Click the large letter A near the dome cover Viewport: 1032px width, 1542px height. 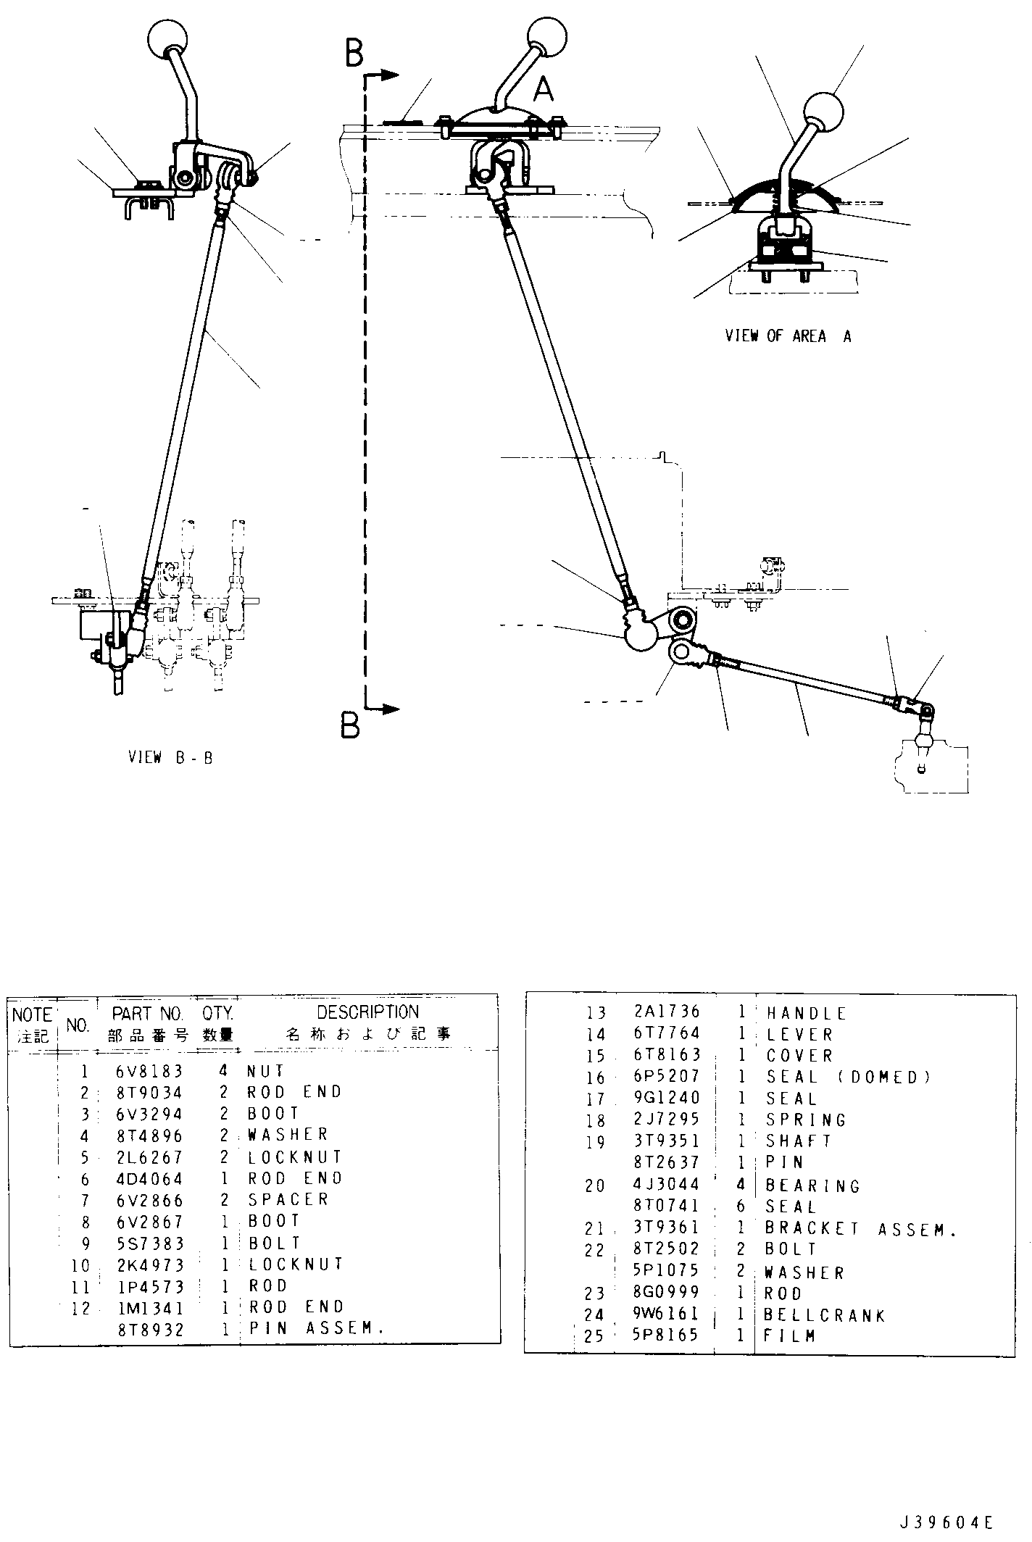[544, 90]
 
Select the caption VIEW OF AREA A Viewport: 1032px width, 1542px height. [788, 336]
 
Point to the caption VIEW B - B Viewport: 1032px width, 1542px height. [170, 758]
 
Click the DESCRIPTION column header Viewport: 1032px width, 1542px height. [367, 1012]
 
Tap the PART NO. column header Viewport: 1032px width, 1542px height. [148, 1013]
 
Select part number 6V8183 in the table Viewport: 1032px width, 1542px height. [149, 1071]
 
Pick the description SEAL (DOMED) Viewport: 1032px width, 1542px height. [848, 1078]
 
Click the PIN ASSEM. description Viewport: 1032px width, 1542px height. [315, 1328]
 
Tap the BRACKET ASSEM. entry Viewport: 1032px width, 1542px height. [861, 1229]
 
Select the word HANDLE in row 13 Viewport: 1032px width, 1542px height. [807, 1014]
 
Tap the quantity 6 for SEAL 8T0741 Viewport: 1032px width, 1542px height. [741, 1206]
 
